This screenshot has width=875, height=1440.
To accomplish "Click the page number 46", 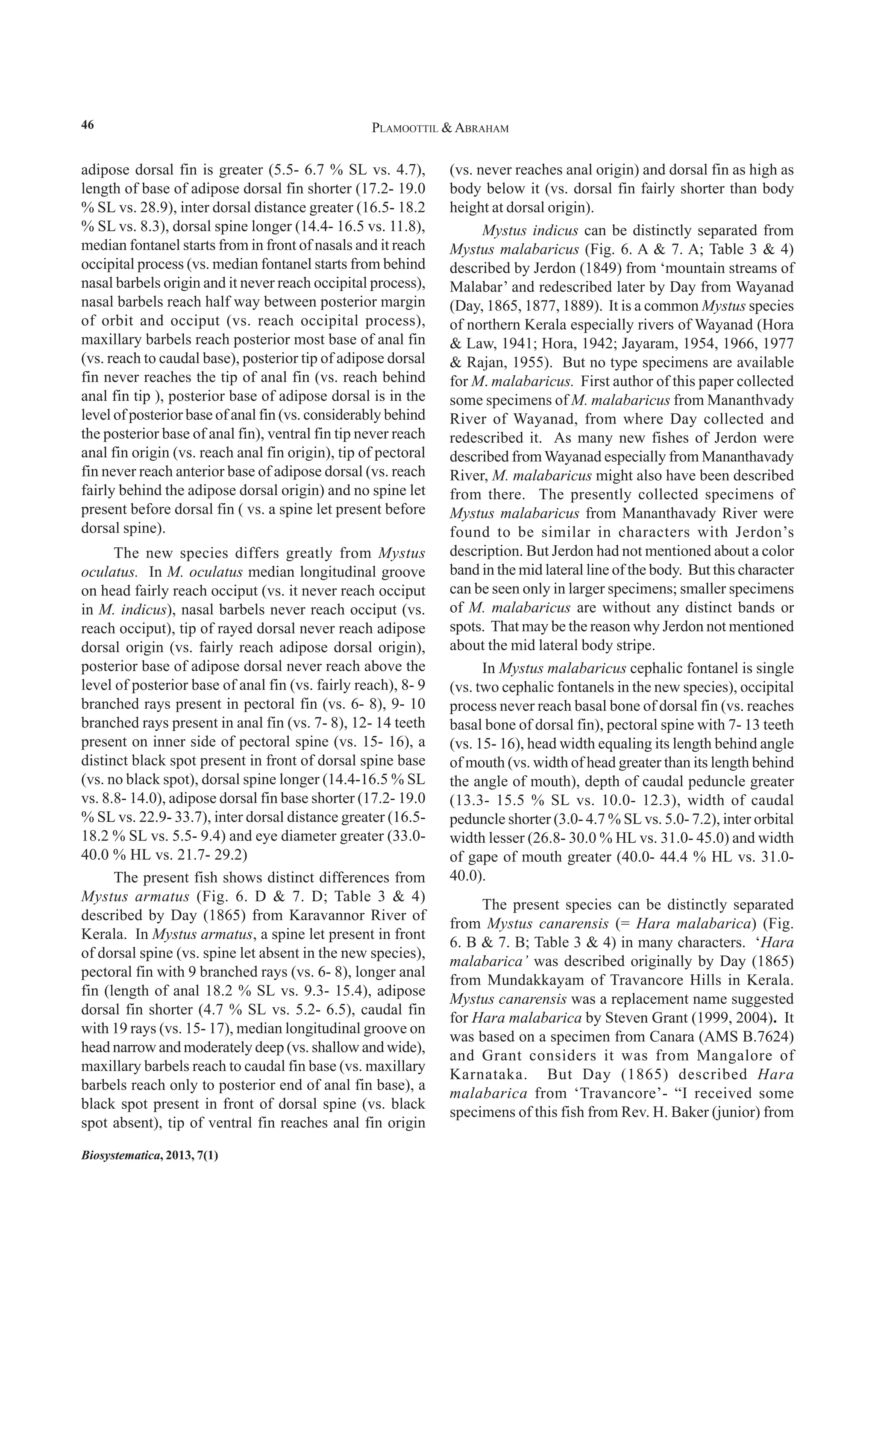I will pos(87,125).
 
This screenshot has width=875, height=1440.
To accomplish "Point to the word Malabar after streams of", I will pos(474,287).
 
